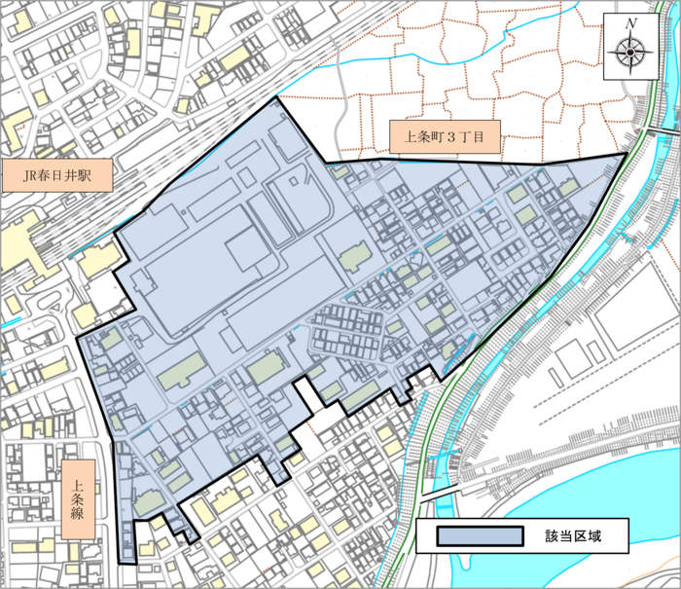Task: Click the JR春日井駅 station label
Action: (x=57, y=177)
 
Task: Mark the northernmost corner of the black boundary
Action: (x=278, y=98)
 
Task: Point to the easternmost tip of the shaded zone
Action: (x=626, y=154)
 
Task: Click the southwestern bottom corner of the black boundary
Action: (x=120, y=563)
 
